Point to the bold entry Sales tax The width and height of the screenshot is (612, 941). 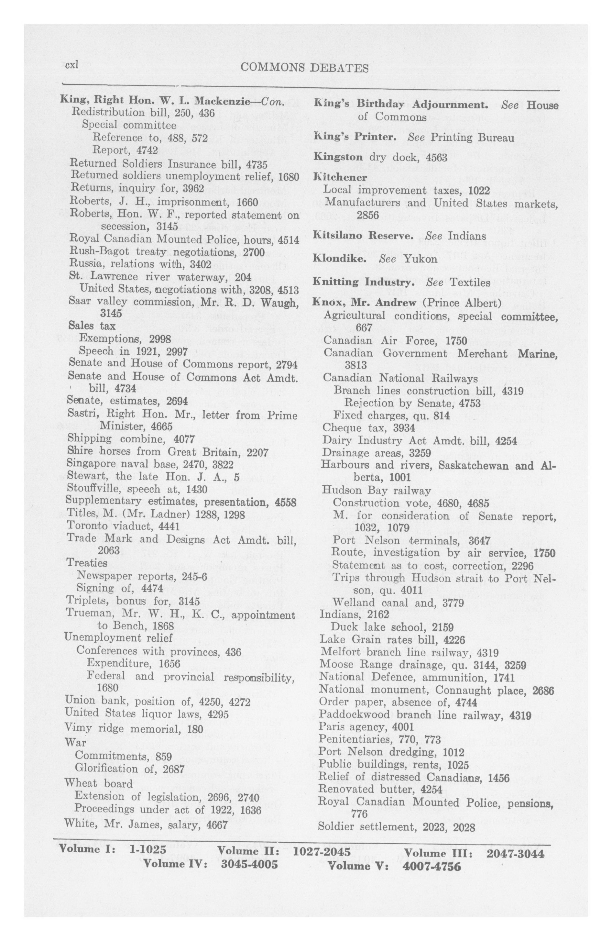point(92,326)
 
